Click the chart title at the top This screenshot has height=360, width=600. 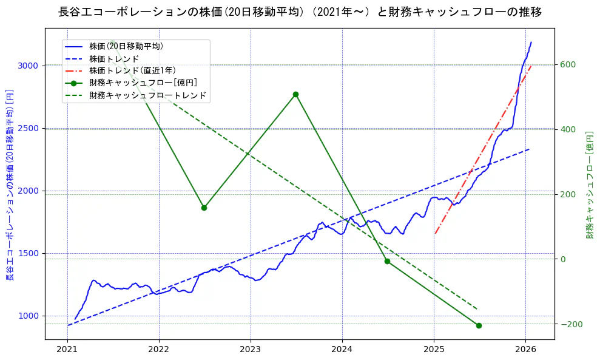click(300, 12)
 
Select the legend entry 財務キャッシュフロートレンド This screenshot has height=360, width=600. click(147, 95)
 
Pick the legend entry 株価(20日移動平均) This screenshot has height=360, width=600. click(126, 46)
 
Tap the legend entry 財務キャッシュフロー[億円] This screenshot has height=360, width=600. click(143, 83)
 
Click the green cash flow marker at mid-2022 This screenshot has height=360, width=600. click(204, 208)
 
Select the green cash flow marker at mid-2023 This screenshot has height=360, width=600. click(295, 94)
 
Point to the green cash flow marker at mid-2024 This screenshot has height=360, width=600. click(387, 261)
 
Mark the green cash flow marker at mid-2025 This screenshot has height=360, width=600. click(479, 325)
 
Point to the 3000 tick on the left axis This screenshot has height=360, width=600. click(29, 66)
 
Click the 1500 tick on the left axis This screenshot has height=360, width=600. click(29, 253)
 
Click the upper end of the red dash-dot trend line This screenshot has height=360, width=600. click(531, 66)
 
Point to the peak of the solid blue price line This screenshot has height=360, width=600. click(531, 42)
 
